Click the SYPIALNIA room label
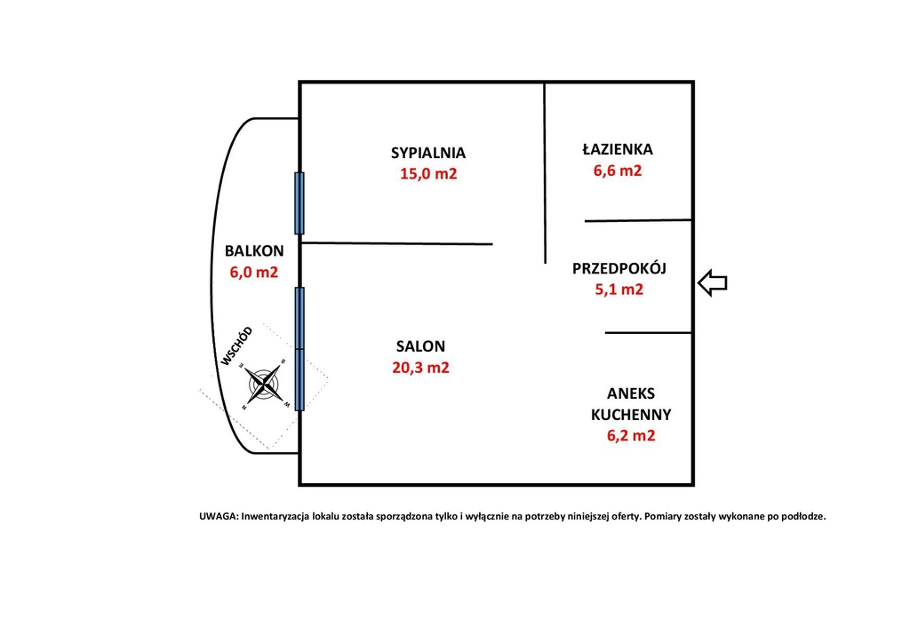(x=428, y=153)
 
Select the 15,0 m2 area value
(x=428, y=174)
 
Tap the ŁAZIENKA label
(x=618, y=148)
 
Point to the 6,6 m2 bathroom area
(x=618, y=171)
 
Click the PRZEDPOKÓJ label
(x=619, y=268)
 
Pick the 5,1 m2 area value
(x=619, y=290)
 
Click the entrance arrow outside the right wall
(x=712, y=283)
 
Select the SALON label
(x=420, y=346)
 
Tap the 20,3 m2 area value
(x=420, y=368)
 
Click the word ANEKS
(x=631, y=393)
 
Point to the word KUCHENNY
(x=631, y=415)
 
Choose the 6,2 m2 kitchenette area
(x=631, y=435)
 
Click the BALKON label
(x=254, y=251)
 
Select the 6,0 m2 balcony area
(x=254, y=272)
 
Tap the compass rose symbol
(x=264, y=384)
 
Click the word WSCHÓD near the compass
(x=236, y=346)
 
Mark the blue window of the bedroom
(x=299, y=202)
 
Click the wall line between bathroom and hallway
(x=638, y=220)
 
